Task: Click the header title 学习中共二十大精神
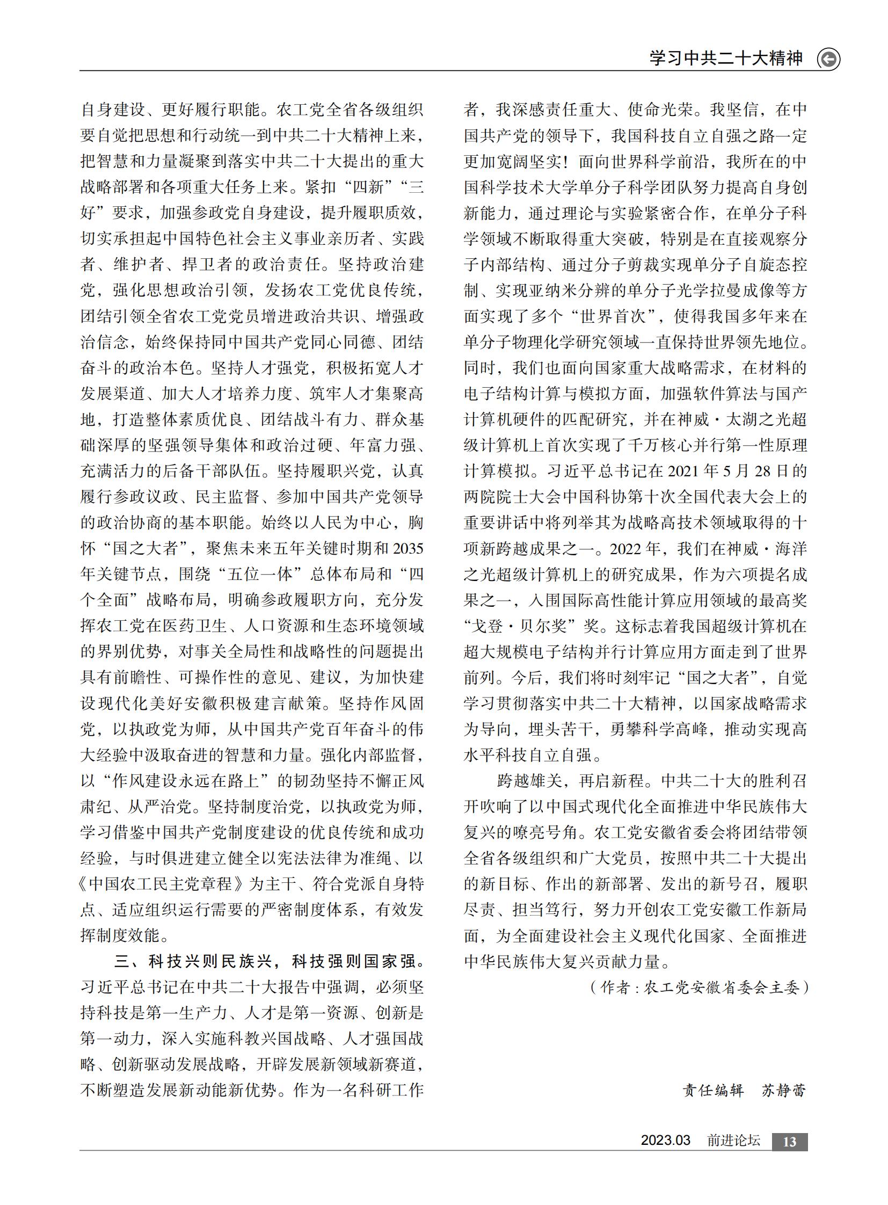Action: [x=726, y=58]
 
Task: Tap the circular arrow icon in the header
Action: [x=828, y=59]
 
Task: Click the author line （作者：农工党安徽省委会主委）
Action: [x=699, y=987]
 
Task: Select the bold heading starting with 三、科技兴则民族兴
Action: [x=269, y=961]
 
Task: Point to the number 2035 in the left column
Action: [x=408, y=548]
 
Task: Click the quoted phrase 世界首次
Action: [x=613, y=316]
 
